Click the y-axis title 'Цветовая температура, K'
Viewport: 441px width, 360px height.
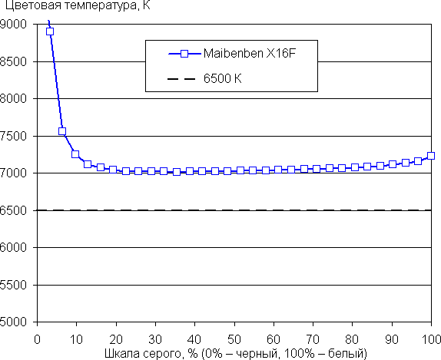(x=78, y=5)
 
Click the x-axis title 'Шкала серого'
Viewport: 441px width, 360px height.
(x=142, y=354)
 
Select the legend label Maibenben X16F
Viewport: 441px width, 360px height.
(x=250, y=54)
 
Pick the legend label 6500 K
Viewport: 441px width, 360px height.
(x=223, y=79)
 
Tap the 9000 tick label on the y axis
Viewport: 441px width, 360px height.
(x=13, y=24)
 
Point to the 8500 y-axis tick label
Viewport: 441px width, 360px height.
(x=13, y=61)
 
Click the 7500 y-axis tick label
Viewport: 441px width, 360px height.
(x=13, y=136)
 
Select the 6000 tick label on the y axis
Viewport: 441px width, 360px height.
(x=13, y=247)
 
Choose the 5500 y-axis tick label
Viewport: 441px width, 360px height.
(x=13, y=285)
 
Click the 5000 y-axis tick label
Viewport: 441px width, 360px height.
(x=13, y=322)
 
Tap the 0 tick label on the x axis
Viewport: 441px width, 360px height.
(x=37, y=339)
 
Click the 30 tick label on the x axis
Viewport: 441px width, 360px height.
(x=155, y=339)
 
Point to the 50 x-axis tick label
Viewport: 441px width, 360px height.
(x=234, y=339)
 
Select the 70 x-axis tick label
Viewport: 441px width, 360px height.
(x=313, y=339)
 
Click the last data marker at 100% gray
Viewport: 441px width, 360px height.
(x=431, y=156)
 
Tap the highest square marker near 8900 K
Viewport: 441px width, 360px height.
(x=50, y=31)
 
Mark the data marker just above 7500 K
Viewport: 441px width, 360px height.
(x=62, y=131)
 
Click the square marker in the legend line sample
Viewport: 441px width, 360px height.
(x=184, y=54)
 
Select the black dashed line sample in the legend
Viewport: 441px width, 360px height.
(x=181, y=79)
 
